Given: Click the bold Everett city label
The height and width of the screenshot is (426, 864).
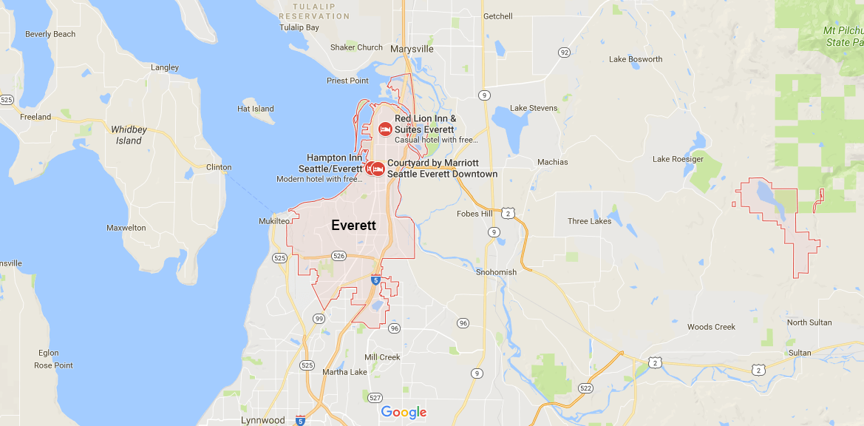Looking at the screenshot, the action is (x=353, y=226).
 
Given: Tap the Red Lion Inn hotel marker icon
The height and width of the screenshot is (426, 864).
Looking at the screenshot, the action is (x=385, y=129).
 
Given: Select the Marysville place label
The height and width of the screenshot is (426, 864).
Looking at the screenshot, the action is (x=412, y=50).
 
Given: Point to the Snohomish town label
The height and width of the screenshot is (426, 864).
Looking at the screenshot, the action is (x=497, y=272).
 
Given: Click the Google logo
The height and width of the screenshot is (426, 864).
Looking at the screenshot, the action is (x=404, y=412).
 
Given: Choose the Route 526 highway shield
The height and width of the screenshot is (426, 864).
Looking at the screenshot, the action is (x=339, y=256).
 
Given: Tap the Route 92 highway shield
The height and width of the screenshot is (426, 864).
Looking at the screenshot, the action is (x=565, y=53).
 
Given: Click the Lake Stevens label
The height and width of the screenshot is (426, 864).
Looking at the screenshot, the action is (x=534, y=109).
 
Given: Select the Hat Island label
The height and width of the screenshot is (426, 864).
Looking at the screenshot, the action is (x=256, y=109).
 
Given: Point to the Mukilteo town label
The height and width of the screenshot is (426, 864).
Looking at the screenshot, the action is (x=274, y=221).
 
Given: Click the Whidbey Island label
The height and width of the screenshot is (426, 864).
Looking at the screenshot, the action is (x=129, y=135).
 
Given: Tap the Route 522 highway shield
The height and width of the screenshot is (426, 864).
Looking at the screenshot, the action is (x=586, y=388).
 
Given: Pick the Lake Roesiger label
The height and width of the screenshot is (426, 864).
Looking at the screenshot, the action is (x=678, y=159).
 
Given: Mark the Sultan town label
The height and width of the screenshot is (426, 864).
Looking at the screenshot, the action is (x=800, y=354).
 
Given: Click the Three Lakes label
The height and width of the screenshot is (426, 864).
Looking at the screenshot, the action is (x=589, y=221).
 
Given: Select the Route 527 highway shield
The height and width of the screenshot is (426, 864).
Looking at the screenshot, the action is (x=375, y=398).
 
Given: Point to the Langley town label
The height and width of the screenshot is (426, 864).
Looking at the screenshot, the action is (x=165, y=67).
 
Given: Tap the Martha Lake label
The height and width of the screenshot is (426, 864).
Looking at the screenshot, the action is (x=344, y=372).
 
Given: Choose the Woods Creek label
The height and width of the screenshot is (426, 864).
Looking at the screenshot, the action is (x=711, y=327).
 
